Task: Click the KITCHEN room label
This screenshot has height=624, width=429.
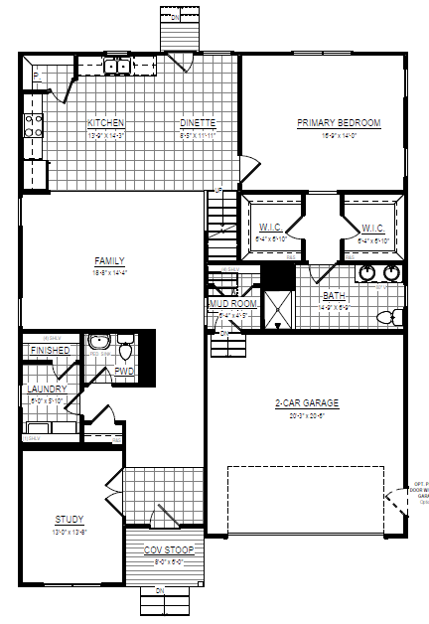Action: point(104,123)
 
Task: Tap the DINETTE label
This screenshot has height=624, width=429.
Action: point(197,123)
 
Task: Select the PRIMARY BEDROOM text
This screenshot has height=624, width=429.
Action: point(339,123)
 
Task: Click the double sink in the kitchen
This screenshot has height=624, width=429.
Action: point(117,67)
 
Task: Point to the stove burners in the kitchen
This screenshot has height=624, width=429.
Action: point(33,125)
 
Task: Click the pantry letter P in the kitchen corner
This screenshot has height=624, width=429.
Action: point(36,76)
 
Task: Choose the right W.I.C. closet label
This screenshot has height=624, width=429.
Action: point(372,228)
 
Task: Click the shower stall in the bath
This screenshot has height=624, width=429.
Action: point(277,310)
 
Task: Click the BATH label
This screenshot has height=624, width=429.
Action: point(334,296)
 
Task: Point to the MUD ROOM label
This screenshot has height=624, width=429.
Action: point(232,304)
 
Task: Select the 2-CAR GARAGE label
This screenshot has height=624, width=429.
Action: point(307,403)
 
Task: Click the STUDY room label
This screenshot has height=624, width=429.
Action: point(69,519)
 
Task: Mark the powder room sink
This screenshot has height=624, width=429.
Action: point(98,353)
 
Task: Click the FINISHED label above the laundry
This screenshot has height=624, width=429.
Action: point(50,351)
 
